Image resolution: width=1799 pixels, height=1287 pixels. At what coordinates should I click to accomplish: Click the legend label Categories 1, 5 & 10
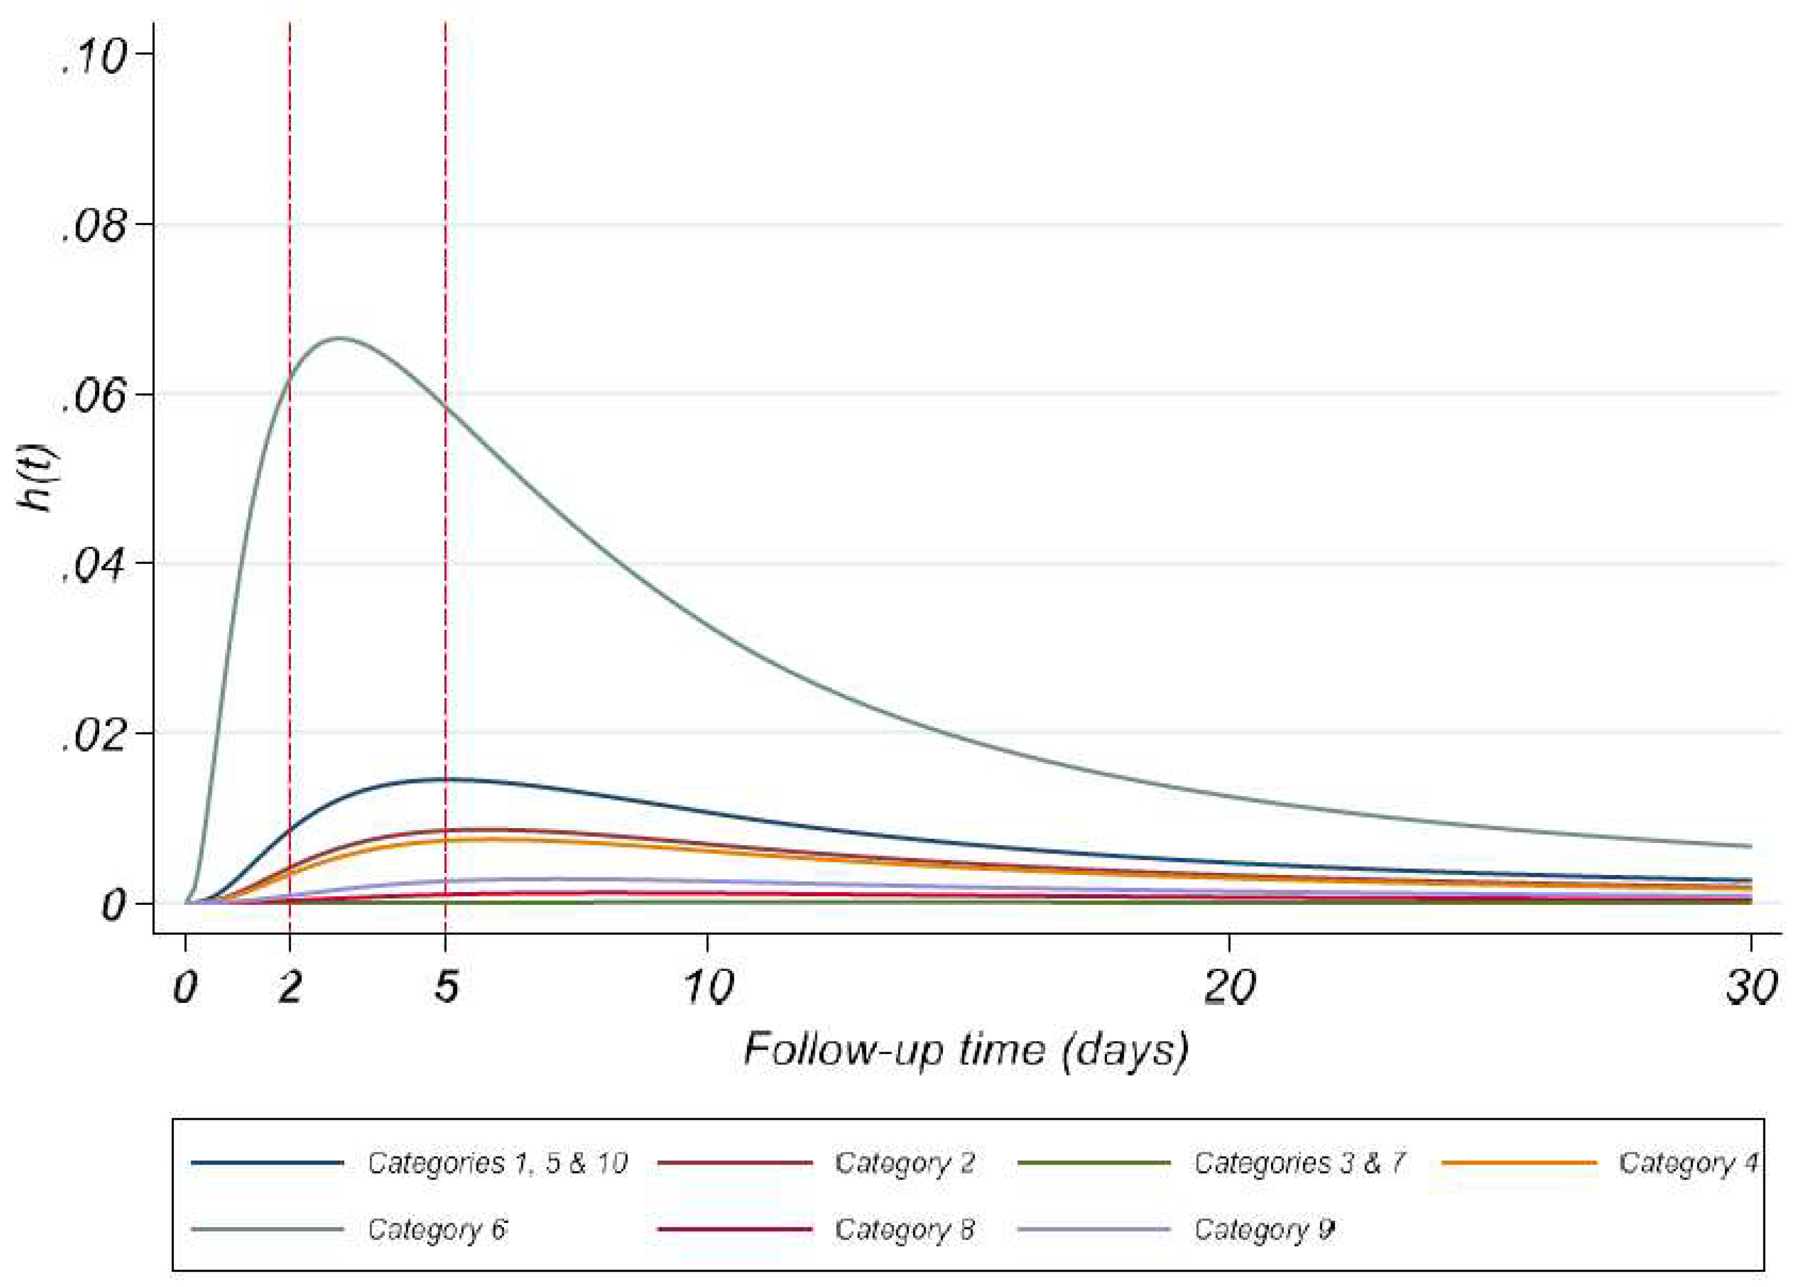pos(497,1164)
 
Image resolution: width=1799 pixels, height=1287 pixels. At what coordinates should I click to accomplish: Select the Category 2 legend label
pos(904,1164)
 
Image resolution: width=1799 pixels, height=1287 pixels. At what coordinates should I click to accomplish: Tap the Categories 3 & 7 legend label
pos(1299,1164)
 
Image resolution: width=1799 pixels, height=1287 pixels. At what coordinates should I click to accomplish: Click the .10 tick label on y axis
pos(93,57)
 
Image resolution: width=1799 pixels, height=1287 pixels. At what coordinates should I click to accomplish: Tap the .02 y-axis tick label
pos(93,737)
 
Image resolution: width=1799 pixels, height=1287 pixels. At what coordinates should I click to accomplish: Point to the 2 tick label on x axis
pos(290,987)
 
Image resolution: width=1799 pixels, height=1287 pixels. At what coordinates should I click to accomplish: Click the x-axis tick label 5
pos(446,987)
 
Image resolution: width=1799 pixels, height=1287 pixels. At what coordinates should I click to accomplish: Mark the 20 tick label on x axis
pos(1229,987)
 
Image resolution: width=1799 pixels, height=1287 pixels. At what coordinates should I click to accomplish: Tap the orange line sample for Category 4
pos(1519,1163)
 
